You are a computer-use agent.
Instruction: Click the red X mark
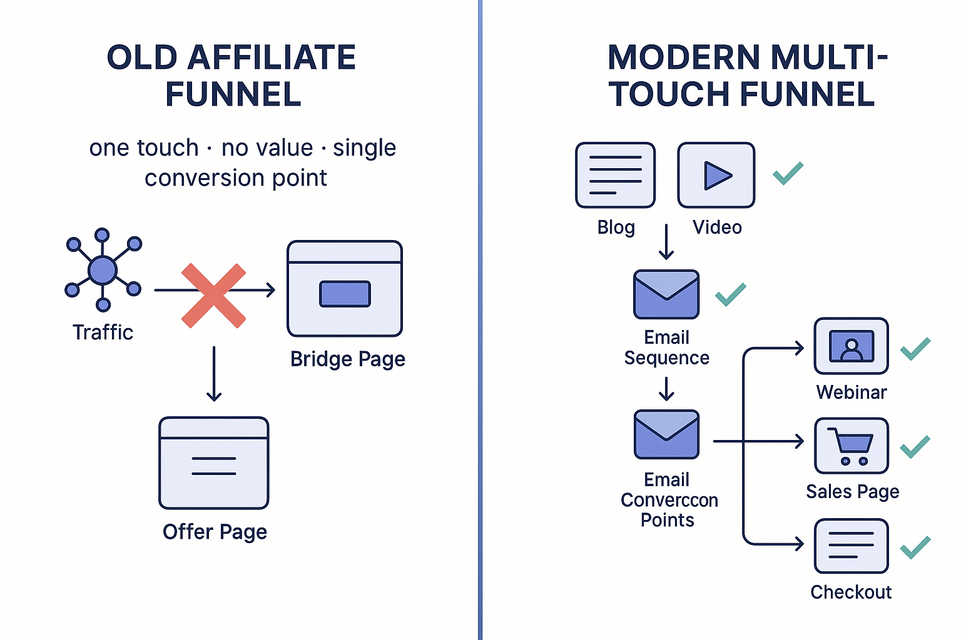[x=213, y=296]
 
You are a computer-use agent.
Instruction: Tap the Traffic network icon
[x=103, y=270]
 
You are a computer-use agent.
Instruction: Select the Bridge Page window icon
[x=345, y=289]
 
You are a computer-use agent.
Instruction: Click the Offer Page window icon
[x=214, y=463]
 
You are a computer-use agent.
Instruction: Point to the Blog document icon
[x=615, y=175]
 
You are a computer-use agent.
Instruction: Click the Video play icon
[x=716, y=175]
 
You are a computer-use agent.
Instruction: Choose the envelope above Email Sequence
[x=666, y=294]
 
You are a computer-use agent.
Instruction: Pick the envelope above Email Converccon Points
[x=666, y=434]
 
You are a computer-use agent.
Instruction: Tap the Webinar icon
[x=851, y=346]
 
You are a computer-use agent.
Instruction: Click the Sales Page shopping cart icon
[x=851, y=446]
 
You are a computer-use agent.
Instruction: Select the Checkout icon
[x=851, y=546]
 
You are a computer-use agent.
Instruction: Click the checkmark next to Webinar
[x=915, y=348]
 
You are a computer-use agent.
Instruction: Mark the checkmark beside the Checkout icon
[x=915, y=547]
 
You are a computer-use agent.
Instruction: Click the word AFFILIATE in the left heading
[x=272, y=58]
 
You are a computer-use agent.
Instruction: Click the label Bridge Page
[x=348, y=359]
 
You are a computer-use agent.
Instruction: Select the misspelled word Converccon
[x=669, y=500]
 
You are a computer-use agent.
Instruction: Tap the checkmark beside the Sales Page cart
[x=915, y=446]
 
